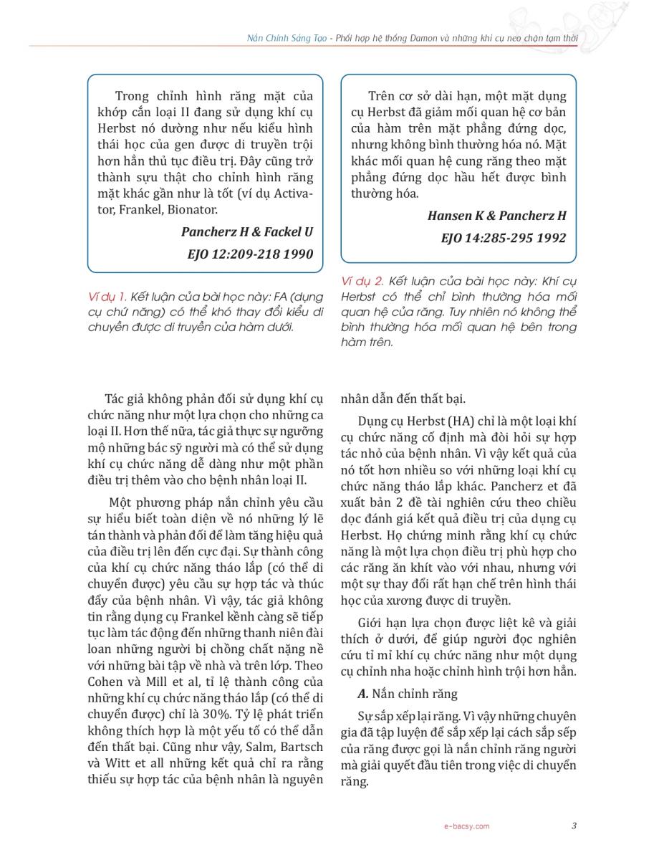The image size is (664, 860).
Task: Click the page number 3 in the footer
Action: point(574,826)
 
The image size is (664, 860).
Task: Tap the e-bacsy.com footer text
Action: point(467,826)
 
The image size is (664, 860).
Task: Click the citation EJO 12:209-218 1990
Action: point(251,254)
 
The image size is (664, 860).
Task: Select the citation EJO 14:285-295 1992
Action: point(504,238)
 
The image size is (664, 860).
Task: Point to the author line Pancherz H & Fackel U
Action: point(247,232)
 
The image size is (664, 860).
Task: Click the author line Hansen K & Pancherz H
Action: point(496,216)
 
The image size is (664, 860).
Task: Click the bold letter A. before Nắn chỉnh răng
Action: point(362,694)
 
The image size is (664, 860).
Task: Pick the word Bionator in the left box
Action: point(191,210)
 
